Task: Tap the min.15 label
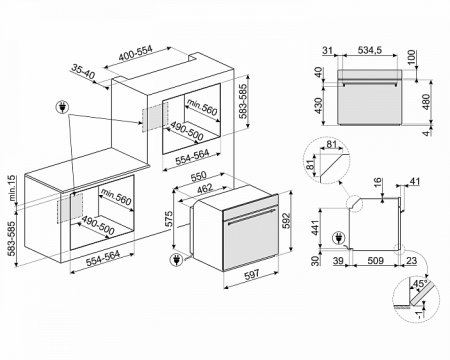11,185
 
